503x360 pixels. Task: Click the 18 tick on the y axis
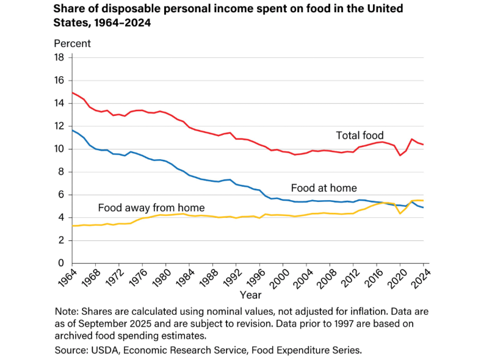(x=59, y=57)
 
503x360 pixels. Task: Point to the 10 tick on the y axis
(x=59, y=149)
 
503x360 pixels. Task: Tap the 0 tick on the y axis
(x=61, y=263)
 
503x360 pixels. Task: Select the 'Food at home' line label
(x=324, y=188)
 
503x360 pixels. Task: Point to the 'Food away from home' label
(x=151, y=207)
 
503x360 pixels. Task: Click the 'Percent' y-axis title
(x=72, y=43)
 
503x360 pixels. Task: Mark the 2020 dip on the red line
(x=400, y=156)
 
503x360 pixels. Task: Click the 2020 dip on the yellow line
(x=400, y=213)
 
